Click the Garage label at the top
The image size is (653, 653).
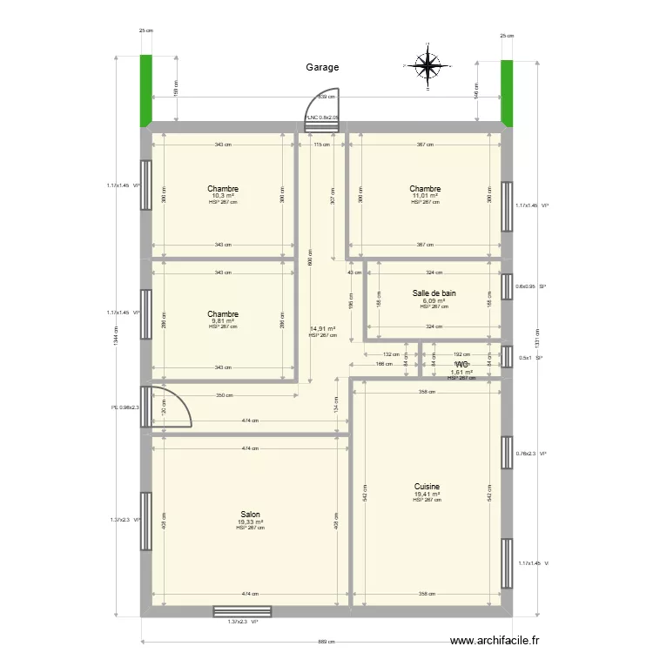click(x=322, y=67)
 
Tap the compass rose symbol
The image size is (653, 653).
click(x=427, y=65)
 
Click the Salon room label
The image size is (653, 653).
click(x=250, y=515)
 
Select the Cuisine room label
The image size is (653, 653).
click(x=427, y=487)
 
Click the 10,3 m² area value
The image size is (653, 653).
click(x=223, y=196)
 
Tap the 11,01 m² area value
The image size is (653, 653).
click(x=425, y=196)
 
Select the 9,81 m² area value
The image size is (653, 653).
click(x=223, y=320)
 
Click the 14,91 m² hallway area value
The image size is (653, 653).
click(x=322, y=329)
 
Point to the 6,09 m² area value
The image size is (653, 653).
click(x=434, y=301)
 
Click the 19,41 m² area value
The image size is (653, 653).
click(x=427, y=495)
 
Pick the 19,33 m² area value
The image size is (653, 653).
click(x=250, y=522)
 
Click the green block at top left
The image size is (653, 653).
click(x=146, y=90)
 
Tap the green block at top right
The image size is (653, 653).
click(x=507, y=91)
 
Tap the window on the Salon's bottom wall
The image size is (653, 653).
click(x=242, y=611)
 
